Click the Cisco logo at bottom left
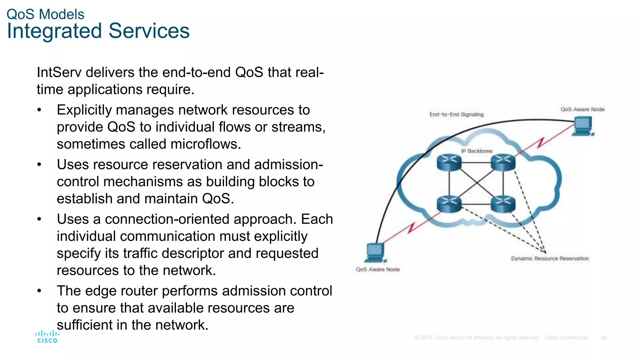(47, 337)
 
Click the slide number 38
(603, 338)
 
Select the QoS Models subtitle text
(45, 14)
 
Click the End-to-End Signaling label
(456, 114)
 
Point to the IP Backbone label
(477, 151)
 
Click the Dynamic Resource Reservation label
(550, 258)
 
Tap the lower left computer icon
(375, 252)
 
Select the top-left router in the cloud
(449, 162)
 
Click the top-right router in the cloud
(503, 162)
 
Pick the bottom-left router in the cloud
(449, 204)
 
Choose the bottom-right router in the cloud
(503, 204)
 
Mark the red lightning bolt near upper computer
(541, 143)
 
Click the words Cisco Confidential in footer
(566, 338)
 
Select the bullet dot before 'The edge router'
(39, 291)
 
